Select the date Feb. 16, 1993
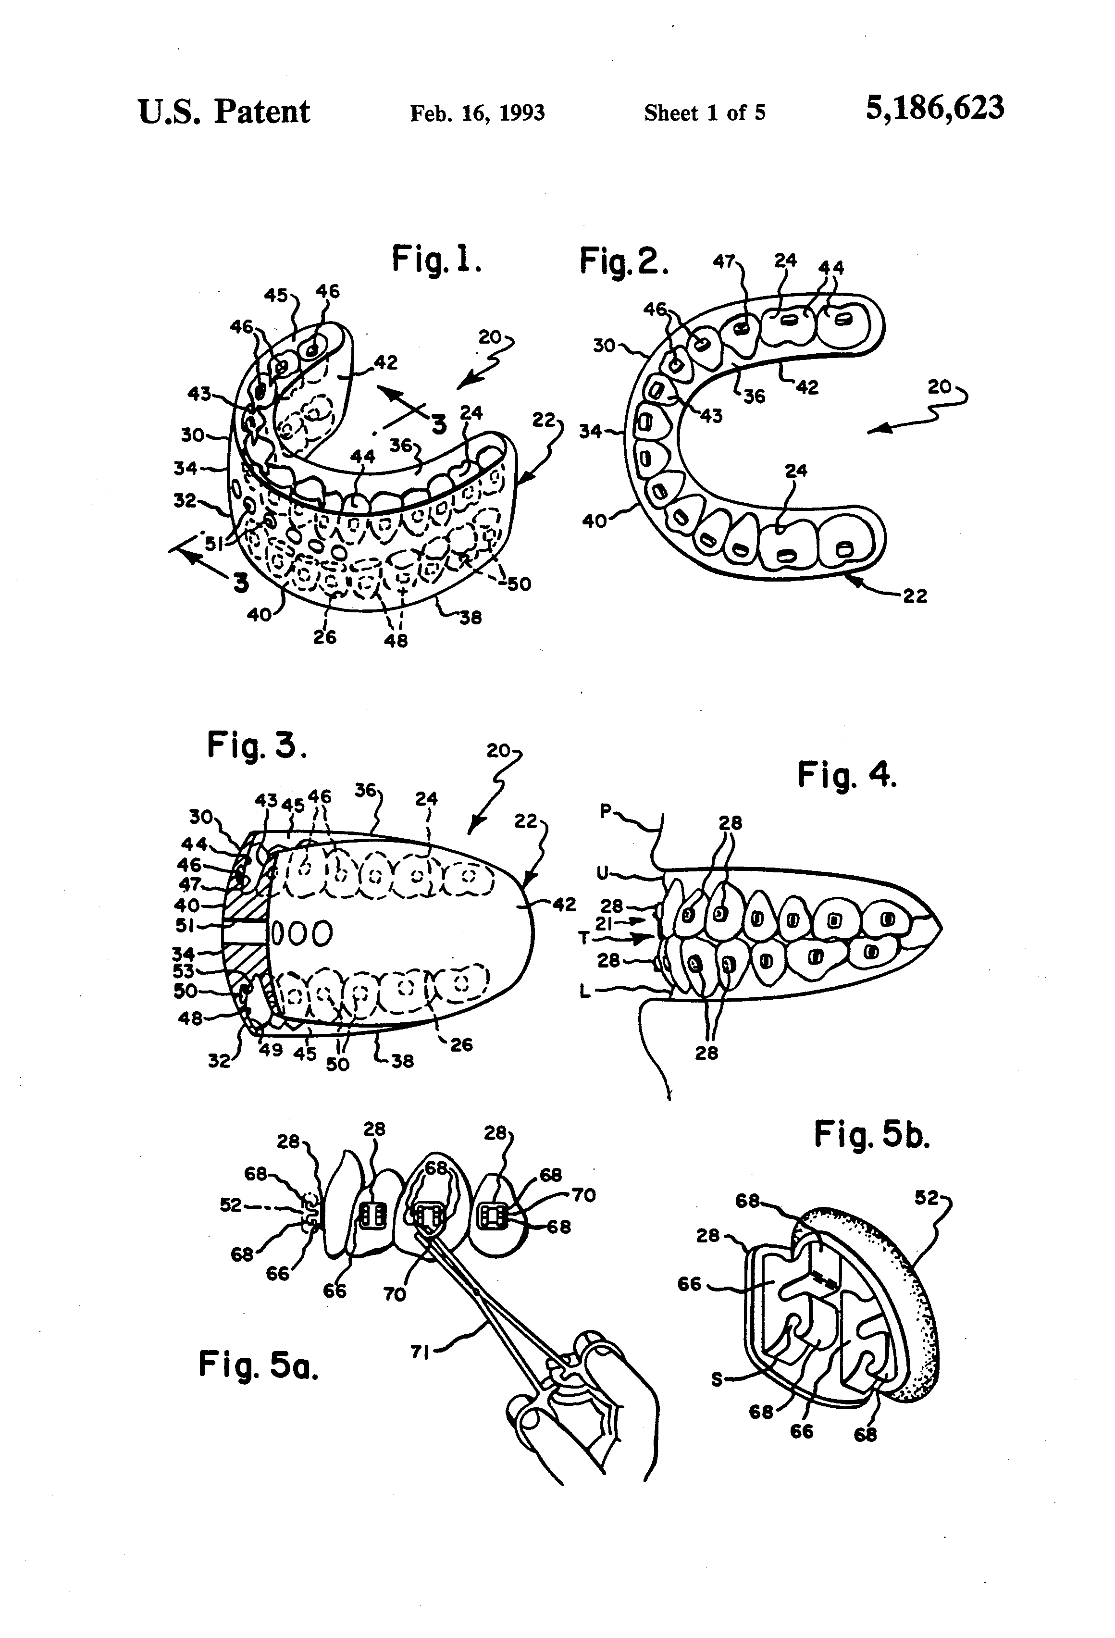477,113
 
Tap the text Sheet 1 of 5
704,113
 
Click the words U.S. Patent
223,112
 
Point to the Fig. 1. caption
437,260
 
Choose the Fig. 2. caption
623,261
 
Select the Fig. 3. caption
257,745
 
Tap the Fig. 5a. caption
258,1365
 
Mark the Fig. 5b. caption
872,1135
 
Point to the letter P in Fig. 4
605,811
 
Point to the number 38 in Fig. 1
470,618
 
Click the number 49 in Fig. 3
272,1050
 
